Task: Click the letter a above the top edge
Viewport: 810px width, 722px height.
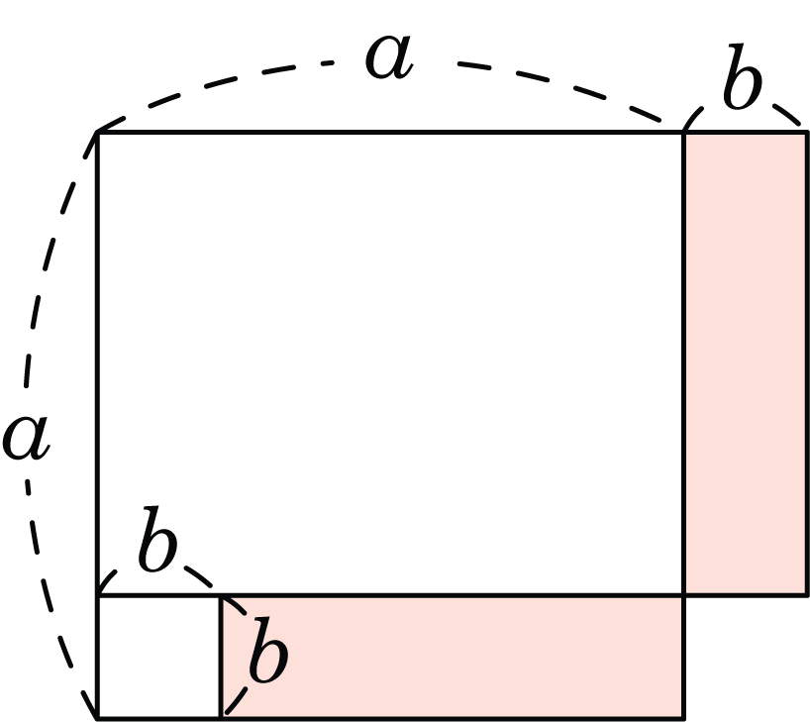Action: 389,56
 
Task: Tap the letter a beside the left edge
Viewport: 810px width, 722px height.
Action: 26,437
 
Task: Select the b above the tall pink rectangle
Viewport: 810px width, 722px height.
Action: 743,76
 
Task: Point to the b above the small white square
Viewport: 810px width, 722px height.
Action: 157,539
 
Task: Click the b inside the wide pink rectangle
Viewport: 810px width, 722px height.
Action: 268,649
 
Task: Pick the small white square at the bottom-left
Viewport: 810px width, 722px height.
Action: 159,657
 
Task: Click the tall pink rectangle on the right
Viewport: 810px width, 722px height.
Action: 746,363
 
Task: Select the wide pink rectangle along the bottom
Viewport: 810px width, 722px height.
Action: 453,657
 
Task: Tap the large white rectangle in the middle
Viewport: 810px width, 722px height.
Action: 391,363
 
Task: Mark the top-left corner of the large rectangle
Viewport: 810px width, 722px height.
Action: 98,133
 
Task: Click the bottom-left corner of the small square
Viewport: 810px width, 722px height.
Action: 98,718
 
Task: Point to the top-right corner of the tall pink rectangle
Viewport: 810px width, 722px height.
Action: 807,133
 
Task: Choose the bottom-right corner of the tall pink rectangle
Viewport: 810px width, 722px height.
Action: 807,595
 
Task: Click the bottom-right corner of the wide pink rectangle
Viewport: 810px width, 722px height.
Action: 684,718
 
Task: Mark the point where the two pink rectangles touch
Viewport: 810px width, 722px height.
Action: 684,595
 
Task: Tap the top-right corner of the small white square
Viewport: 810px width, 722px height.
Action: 221,595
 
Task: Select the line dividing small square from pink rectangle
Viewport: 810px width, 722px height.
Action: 221,657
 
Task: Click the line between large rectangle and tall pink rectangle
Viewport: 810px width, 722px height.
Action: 684,363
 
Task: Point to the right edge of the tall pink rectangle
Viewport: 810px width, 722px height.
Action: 807,363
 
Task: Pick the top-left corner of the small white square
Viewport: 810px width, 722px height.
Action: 98,595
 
